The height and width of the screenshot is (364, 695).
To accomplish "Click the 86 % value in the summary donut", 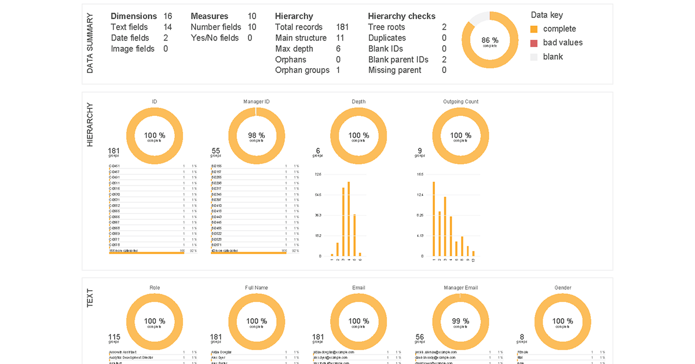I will [489, 40].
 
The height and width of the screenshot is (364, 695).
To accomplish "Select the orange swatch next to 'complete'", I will [534, 29].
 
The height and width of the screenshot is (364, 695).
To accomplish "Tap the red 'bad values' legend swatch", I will [534, 43].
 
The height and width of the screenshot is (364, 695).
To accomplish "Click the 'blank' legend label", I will [553, 57].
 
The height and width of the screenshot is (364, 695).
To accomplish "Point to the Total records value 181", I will [342, 27].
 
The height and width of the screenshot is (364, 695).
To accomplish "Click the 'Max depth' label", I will [294, 49].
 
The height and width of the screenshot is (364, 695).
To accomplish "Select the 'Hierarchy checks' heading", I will [401, 16].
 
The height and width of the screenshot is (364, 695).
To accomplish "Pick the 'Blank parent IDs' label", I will [398, 60].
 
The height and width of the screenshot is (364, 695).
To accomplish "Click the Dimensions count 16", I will [167, 16].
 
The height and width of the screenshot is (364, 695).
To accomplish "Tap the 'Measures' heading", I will [209, 16].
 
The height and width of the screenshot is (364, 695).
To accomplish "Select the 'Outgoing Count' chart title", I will [460, 101].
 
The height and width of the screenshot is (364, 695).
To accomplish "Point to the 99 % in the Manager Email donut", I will [460, 321].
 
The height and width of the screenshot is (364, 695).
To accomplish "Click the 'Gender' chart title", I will [563, 287].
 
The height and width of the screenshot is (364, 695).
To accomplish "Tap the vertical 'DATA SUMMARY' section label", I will [90, 43].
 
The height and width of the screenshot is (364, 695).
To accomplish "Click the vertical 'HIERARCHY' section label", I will [90, 125].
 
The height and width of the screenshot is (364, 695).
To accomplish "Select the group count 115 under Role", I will [115, 337].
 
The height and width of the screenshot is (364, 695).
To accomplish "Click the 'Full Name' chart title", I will [256, 287].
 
